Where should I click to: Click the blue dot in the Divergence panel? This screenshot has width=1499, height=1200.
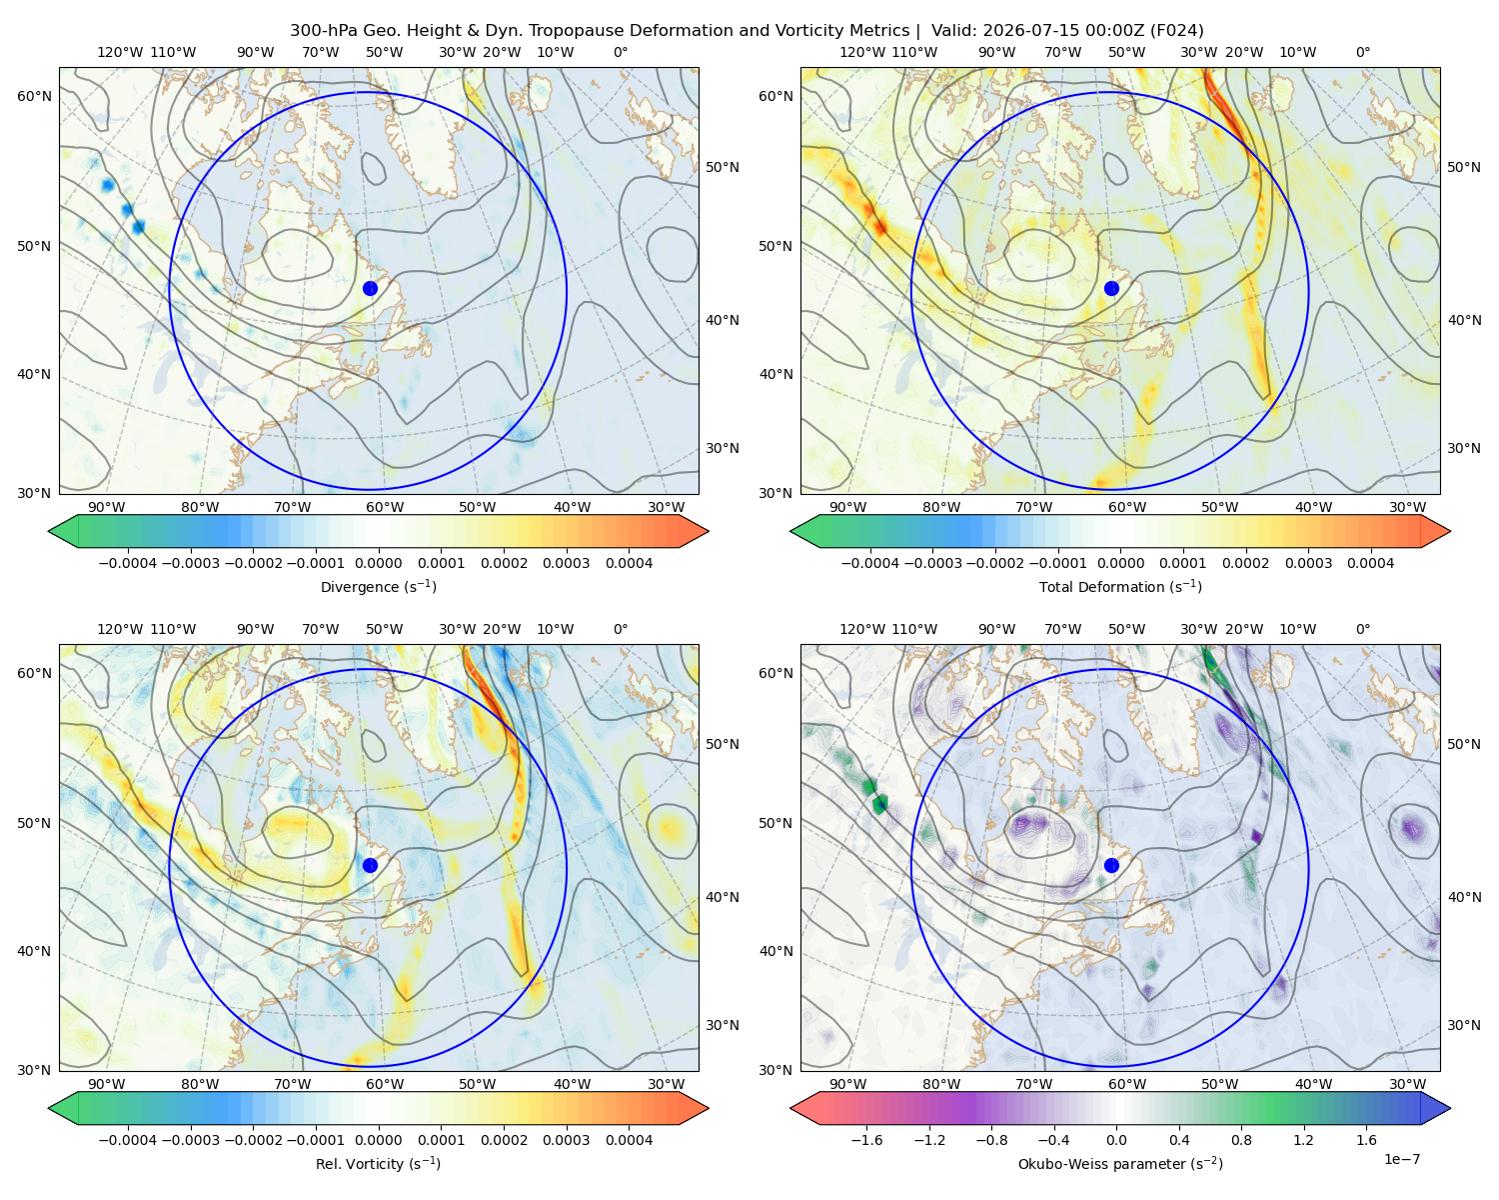pos(370,288)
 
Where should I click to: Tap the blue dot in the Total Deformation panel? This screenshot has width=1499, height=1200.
pos(1111,288)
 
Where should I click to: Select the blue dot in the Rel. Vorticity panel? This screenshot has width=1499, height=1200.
pos(370,865)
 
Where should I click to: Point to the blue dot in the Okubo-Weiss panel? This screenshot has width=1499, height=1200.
pos(1111,865)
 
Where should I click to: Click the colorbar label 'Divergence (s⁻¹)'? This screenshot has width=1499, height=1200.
pos(378,586)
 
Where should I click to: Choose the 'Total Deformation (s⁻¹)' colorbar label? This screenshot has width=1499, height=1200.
pos(1120,586)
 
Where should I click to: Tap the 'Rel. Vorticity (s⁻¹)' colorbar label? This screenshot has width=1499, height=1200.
pos(378,1163)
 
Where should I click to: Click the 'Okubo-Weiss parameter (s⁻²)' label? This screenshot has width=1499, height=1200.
pos(1120,1163)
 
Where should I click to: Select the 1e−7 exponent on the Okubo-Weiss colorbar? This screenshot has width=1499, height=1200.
pos(1401,1159)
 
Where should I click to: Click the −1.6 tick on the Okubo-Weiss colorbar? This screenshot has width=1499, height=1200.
pos(866,1139)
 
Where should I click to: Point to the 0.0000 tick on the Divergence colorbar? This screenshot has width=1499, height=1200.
pos(378,563)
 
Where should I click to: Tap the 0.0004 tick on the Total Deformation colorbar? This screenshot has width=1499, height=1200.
pos(1370,563)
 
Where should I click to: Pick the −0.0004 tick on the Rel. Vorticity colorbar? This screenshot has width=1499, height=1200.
pos(128,1139)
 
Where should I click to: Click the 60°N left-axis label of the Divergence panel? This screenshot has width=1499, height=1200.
pos(34,96)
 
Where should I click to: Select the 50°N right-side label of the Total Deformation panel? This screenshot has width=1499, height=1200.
pos(1463,167)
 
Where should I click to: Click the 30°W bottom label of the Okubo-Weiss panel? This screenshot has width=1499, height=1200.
pos(1407,1084)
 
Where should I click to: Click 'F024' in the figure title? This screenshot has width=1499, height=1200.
pos(1176,31)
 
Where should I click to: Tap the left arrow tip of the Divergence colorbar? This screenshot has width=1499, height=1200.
pos(49,531)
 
